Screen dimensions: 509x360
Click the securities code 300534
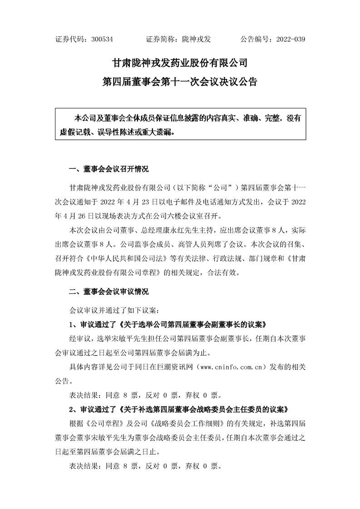[x=102, y=39]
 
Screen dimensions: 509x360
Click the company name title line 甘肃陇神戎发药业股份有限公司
[x=180, y=62]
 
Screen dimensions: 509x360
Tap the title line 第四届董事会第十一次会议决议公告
[x=180, y=83]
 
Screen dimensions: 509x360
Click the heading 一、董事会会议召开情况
[x=108, y=169]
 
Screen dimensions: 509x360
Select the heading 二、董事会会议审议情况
[x=108, y=291]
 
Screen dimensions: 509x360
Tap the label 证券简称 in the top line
[x=161, y=39]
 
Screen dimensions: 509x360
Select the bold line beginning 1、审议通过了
[x=167, y=325]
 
